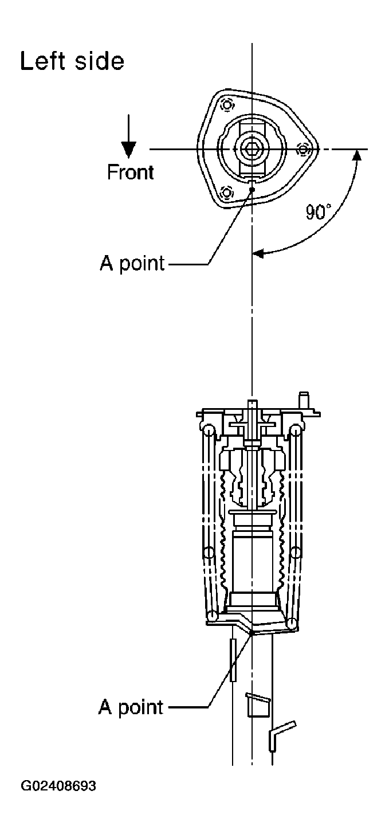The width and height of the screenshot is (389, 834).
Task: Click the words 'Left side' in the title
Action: tap(72, 61)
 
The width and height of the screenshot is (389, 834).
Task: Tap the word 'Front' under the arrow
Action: tap(130, 173)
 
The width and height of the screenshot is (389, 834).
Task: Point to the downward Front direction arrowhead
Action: tap(128, 150)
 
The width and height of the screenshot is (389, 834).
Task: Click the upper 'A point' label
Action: tap(132, 264)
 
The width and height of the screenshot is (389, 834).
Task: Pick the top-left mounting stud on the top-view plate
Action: tap(226, 105)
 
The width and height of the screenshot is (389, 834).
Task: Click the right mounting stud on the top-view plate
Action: tap(304, 150)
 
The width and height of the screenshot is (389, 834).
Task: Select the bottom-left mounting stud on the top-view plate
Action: tap(226, 193)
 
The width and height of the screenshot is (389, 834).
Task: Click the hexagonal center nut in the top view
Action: tap(252, 149)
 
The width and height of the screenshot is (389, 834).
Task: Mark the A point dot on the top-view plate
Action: tap(253, 189)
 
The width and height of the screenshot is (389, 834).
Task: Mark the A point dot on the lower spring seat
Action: tap(252, 632)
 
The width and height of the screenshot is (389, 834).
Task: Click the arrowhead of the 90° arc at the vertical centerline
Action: tap(258, 254)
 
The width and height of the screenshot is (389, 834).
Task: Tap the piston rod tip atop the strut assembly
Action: tap(252, 403)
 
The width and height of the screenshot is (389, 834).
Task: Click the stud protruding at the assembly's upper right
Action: tap(304, 400)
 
